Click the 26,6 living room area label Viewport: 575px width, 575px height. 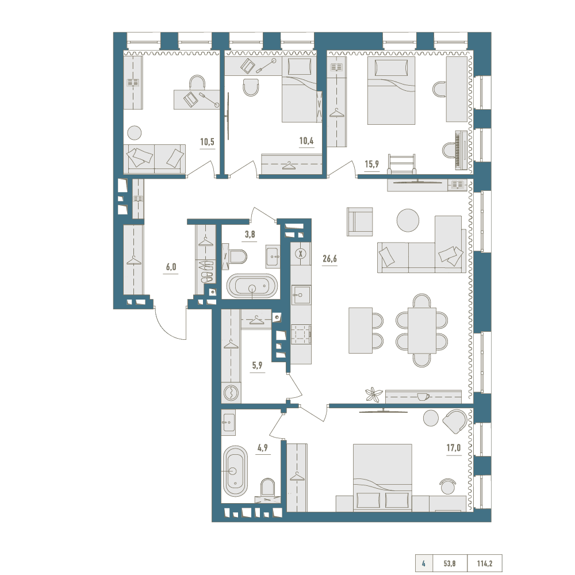(329, 259)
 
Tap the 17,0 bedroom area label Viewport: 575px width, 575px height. (454, 448)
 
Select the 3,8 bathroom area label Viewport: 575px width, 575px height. (250, 234)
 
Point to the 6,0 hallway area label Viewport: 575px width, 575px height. (171, 267)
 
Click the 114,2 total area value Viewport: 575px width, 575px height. (484, 563)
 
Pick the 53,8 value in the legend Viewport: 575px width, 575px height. (450, 563)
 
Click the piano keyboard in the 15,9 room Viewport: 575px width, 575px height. (461, 150)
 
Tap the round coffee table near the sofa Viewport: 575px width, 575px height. (408, 220)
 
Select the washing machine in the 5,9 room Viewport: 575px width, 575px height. (231, 393)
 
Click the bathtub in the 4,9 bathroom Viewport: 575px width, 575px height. (235, 471)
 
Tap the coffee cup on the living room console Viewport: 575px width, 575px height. (423, 397)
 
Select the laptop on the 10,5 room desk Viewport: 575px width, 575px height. (191, 99)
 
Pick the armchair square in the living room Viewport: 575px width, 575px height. (360, 221)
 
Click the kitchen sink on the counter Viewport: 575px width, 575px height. (301, 295)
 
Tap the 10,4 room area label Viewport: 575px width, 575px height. (306, 140)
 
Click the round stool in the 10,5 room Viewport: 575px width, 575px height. (135, 132)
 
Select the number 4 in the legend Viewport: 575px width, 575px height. (424, 563)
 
